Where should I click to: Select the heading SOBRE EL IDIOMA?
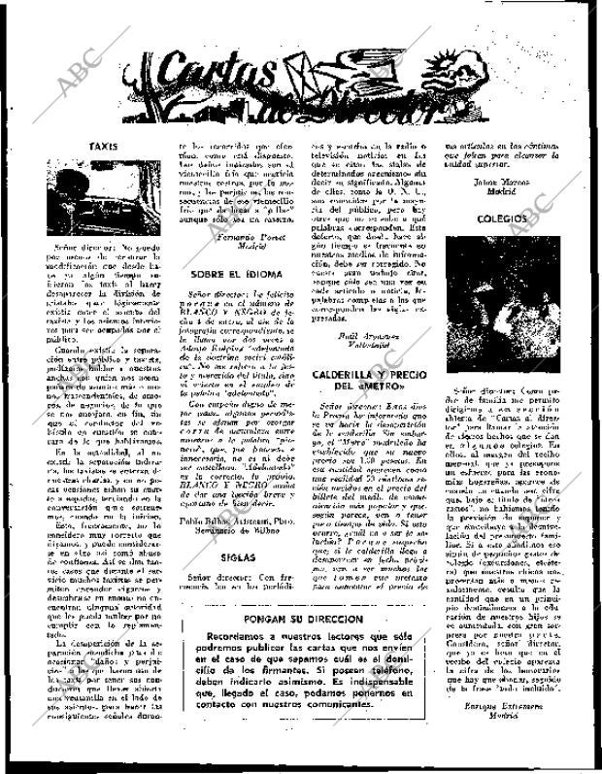click(x=236, y=276)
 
